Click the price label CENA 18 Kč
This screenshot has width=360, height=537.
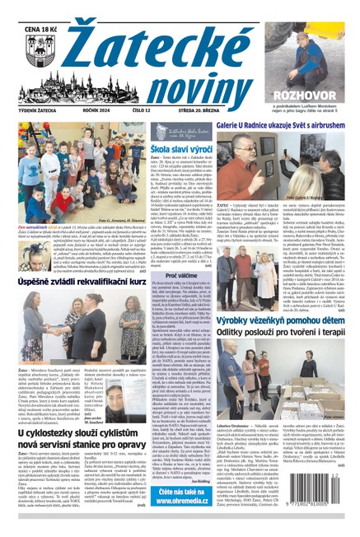point(26,10)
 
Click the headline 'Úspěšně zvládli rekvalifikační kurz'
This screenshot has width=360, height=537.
point(83,277)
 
